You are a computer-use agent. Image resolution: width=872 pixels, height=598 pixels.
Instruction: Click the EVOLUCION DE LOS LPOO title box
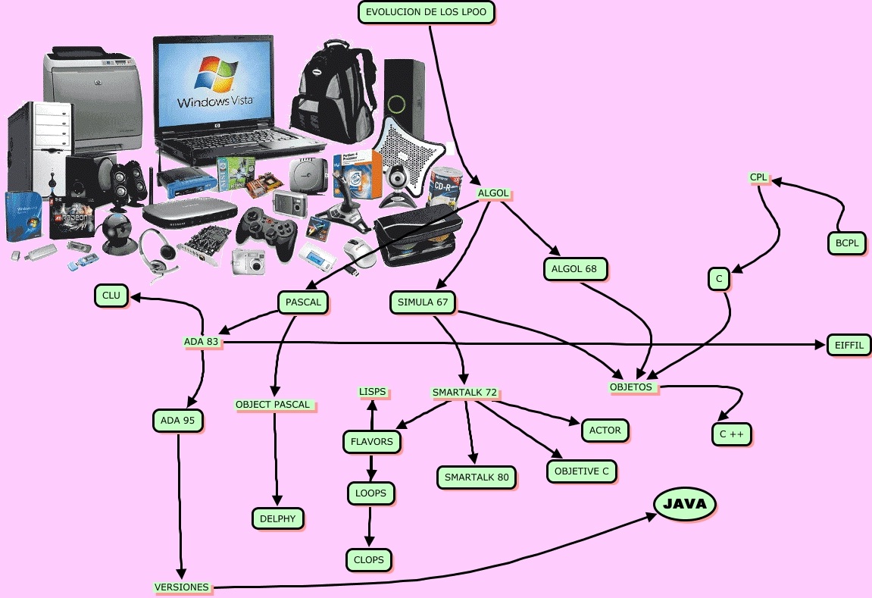(426, 12)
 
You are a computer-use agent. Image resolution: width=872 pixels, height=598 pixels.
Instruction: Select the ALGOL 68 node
(575, 268)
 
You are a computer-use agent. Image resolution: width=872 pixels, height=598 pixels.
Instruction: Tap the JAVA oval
(684, 504)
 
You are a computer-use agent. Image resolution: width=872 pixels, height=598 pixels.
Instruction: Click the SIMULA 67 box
(423, 302)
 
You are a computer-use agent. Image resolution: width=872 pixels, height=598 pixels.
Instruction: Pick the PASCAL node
(303, 302)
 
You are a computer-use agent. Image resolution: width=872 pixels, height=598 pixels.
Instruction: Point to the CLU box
(111, 296)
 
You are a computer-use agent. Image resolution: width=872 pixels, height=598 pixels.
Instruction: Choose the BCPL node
(845, 243)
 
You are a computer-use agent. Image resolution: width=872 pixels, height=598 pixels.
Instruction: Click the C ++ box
(731, 434)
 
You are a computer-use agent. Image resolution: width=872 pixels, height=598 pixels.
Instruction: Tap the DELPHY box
(277, 518)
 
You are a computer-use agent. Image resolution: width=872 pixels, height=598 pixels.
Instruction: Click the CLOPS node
(369, 560)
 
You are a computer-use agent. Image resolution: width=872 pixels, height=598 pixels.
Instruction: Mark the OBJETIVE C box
(581, 471)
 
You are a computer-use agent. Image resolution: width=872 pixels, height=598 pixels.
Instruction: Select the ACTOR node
(605, 430)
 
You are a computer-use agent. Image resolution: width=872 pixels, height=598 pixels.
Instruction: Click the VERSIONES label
(182, 587)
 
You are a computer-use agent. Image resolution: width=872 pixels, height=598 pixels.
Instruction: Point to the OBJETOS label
(630, 387)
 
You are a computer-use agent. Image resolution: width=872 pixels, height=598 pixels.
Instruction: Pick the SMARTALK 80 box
(477, 477)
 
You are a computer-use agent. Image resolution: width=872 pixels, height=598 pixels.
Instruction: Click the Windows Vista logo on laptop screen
(215, 83)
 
